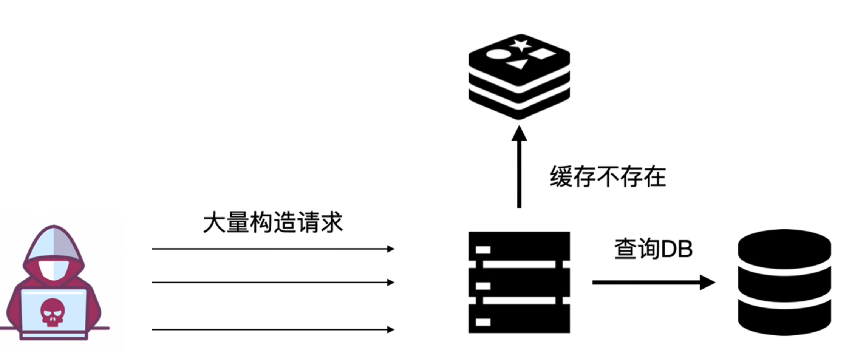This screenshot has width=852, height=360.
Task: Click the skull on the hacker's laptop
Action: (53, 312)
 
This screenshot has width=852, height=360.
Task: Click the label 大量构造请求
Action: (272, 222)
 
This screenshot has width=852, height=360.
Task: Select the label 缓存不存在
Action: (608, 176)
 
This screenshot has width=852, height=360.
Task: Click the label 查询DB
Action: (653, 249)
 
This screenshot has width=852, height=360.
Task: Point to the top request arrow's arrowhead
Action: (391, 249)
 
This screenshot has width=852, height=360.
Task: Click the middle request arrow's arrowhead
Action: (391, 282)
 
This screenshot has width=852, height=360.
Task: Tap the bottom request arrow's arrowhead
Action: (391, 329)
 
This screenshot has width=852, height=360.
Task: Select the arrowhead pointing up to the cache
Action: (519, 134)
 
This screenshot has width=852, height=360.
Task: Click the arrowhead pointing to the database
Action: (707, 282)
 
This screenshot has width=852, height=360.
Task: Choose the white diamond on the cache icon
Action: (542, 54)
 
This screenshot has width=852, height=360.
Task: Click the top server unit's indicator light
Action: (483, 250)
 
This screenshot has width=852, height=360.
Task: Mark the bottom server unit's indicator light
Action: (483, 322)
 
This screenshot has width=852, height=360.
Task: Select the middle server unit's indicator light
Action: (483, 286)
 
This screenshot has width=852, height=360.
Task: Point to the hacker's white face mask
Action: (54, 270)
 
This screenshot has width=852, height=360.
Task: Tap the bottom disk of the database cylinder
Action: (784, 319)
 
